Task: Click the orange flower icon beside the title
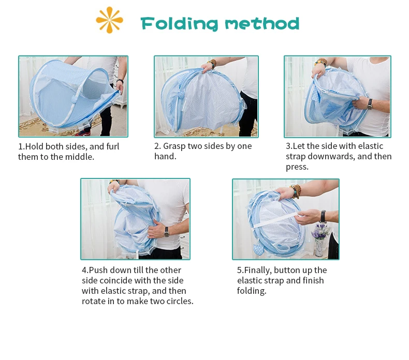109,20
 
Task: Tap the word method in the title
262,24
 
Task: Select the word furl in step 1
113,146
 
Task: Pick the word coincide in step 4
116,280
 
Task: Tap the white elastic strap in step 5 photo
276,220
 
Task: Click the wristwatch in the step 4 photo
166,231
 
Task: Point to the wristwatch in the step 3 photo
370,103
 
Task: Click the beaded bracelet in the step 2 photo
213,63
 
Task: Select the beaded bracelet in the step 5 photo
296,190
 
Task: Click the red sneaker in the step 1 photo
83,133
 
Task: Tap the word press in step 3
297,167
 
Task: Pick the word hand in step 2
165,156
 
